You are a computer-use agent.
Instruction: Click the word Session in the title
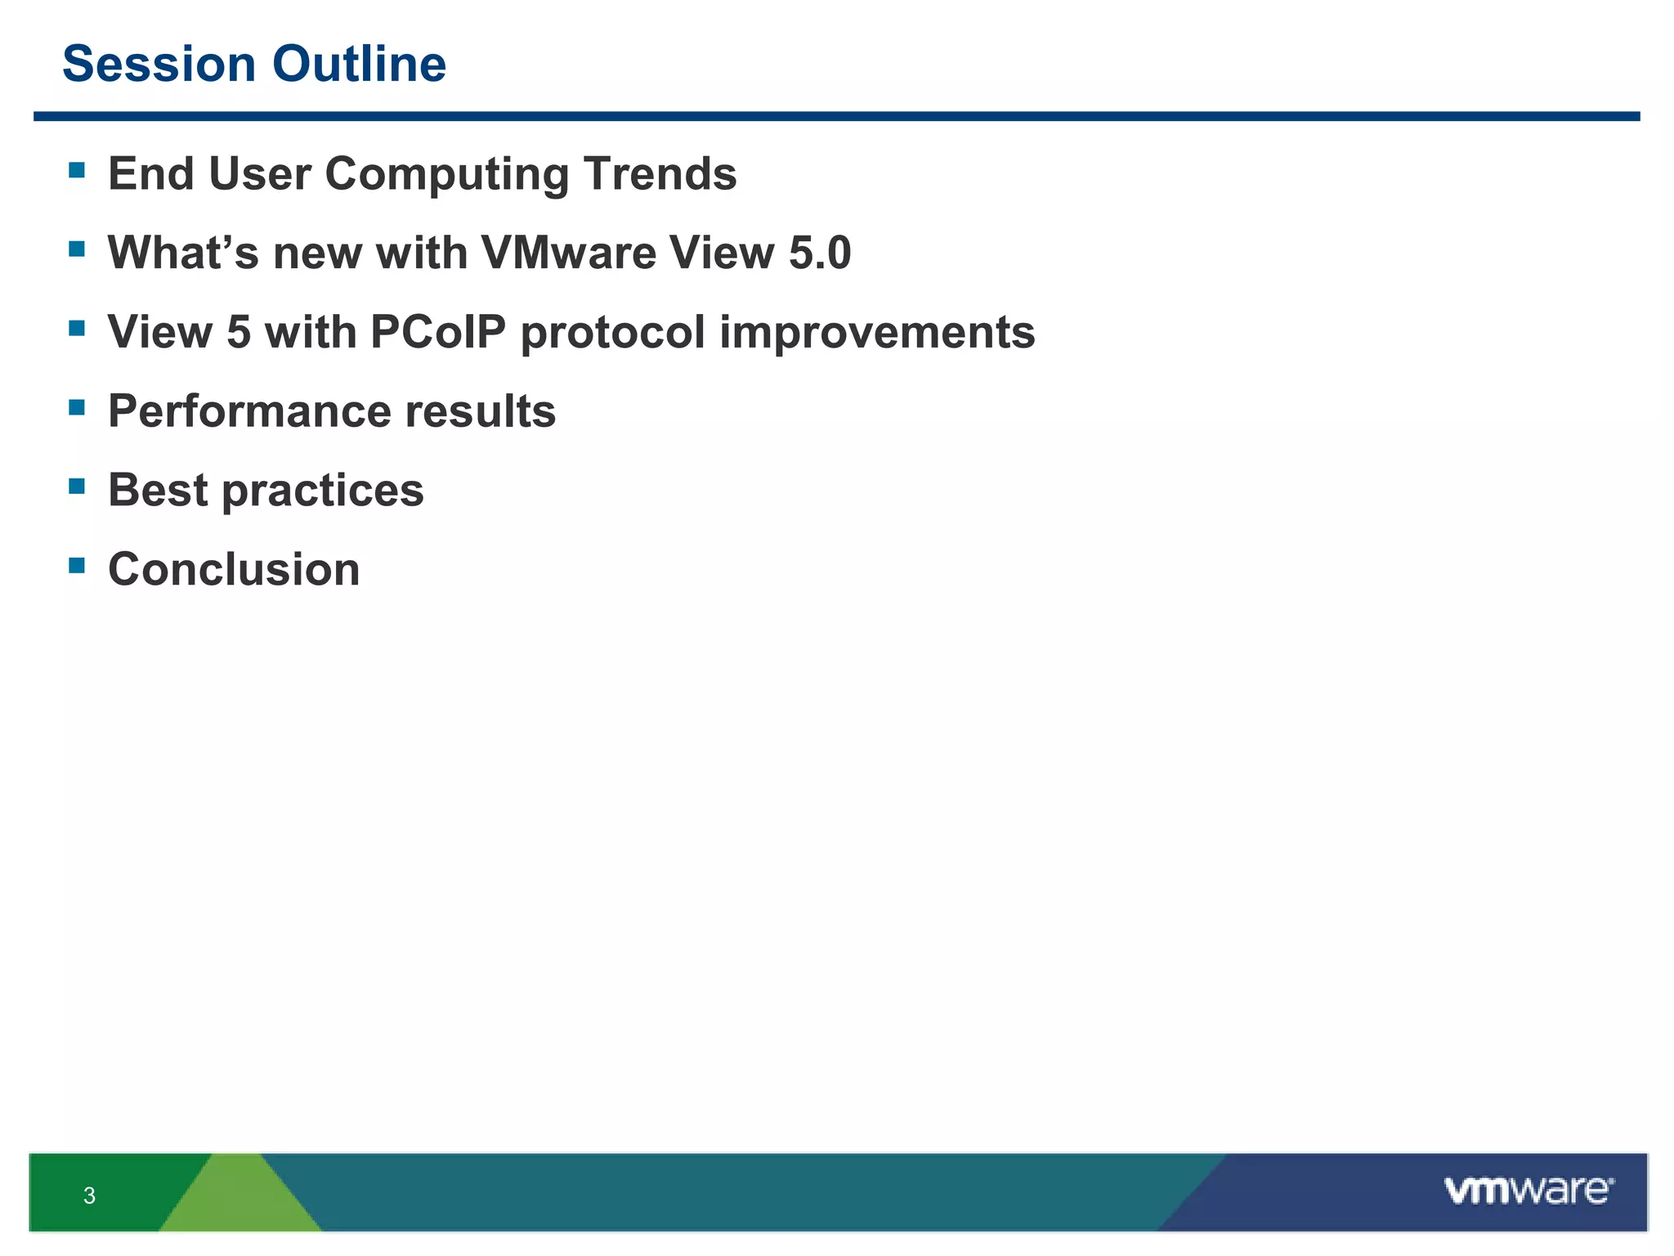pyautogui.click(x=159, y=65)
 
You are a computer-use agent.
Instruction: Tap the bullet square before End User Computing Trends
pyautogui.click(x=77, y=170)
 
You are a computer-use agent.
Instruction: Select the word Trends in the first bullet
pyautogui.click(x=660, y=174)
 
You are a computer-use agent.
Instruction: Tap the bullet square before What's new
pyautogui.click(x=77, y=249)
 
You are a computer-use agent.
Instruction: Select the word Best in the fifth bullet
pyautogui.click(x=158, y=490)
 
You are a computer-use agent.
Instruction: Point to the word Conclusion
pyautogui.click(x=234, y=569)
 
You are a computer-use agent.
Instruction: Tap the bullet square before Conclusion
pyautogui.click(x=77, y=565)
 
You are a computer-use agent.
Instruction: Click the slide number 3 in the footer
pyautogui.click(x=89, y=1195)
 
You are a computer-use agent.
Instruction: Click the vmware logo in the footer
pyautogui.click(x=1528, y=1191)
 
